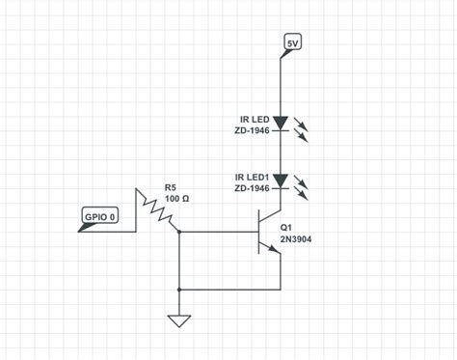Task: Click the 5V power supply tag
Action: tap(293, 42)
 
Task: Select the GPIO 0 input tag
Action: tap(99, 216)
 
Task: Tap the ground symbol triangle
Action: tap(179, 320)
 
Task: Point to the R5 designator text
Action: tap(171, 187)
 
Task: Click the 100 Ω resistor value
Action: tap(176, 199)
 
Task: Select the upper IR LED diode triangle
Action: tap(281, 124)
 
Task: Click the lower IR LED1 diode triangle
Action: tap(281, 180)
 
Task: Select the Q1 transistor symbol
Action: tap(268, 233)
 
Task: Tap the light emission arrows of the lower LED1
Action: tap(301, 187)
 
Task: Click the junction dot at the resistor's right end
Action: tap(179, 233)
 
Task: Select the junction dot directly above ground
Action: tap(179, 290)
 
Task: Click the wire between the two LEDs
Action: tap(281, 152)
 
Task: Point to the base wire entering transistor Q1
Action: tap(222, 233)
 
